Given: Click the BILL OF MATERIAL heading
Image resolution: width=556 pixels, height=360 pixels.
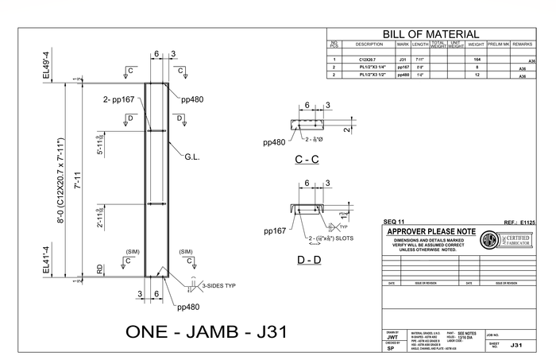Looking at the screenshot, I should (431, 34).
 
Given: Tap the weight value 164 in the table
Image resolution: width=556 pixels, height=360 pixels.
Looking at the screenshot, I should (477, 60).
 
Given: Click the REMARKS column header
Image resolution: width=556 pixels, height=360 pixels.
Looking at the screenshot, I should (522, 45).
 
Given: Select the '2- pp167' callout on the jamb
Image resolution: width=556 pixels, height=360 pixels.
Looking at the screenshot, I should (118, 101).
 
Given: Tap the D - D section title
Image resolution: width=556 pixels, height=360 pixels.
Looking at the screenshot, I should (308, 260).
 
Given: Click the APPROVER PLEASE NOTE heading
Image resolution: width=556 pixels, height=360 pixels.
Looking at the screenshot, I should (430, 230).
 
